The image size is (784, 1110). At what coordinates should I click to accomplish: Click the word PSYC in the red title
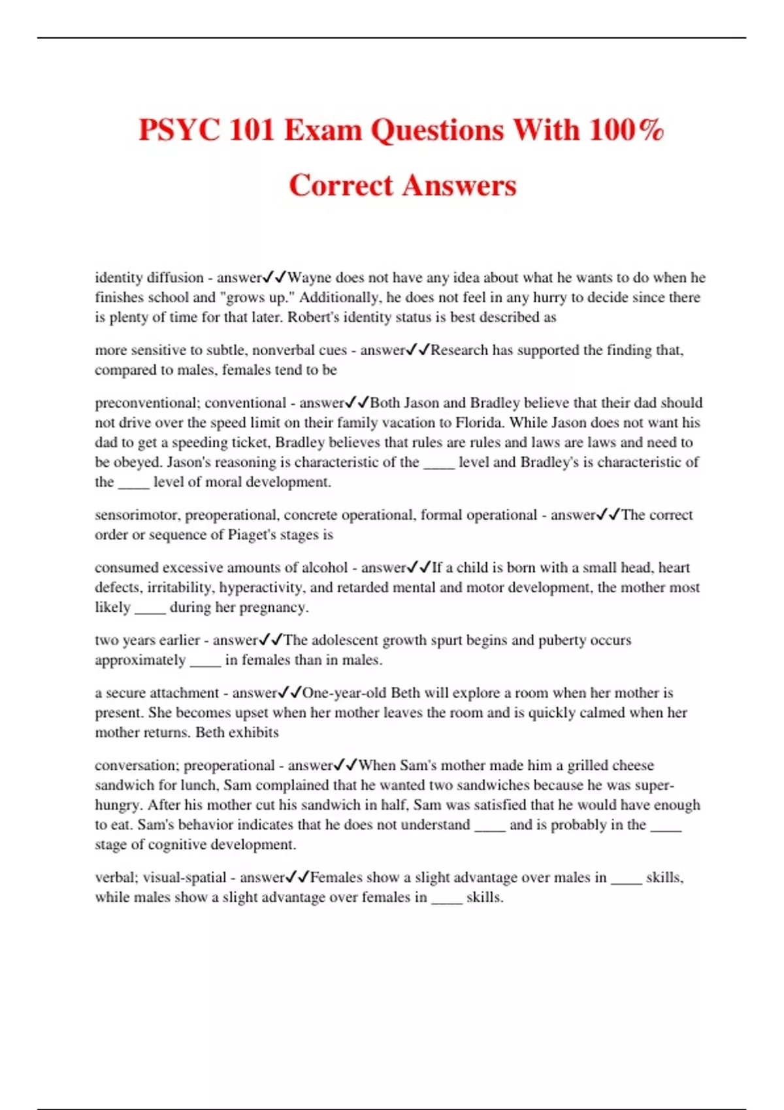pos(178,130)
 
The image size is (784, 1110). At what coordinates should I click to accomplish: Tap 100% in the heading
pos(626,130)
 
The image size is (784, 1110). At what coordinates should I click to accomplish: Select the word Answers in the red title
pos(459,185)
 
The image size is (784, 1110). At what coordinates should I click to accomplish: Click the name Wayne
pos(309,277)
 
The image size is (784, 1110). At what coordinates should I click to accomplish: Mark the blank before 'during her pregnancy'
pos(150,609)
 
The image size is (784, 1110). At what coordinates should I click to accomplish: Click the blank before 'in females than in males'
pos(205,661)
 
